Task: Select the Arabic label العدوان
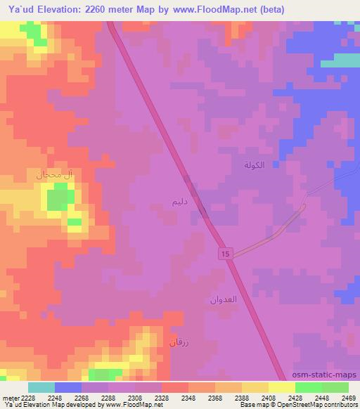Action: [221, 300]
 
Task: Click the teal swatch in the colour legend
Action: [41, 387]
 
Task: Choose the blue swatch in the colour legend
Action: [68, 387]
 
